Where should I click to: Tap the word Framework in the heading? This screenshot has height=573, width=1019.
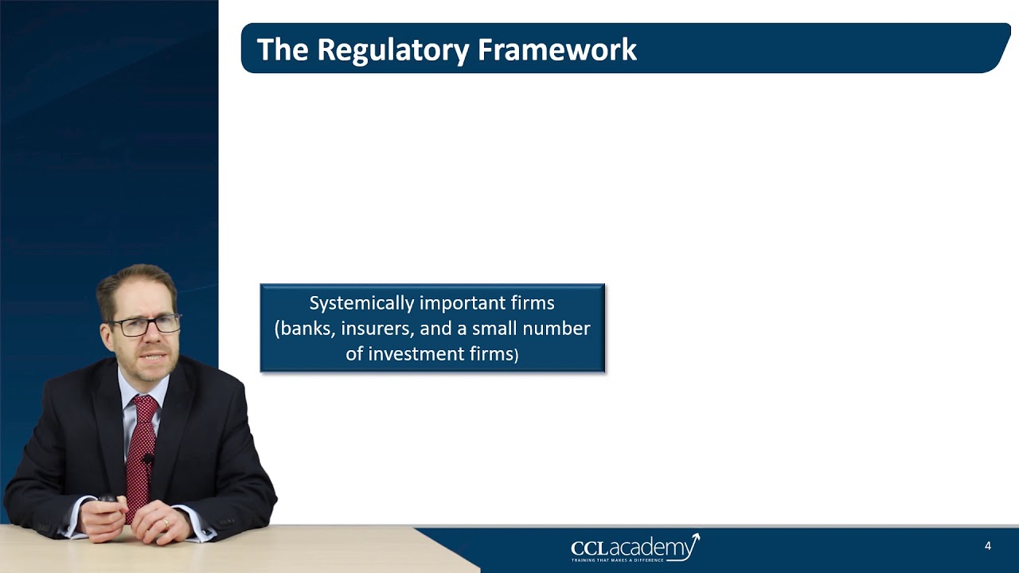[557, 49]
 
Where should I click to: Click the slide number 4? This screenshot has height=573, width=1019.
[988, 546]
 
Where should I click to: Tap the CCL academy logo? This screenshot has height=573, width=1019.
[634, 548]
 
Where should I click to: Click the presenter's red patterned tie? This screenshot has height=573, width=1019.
[141, 454]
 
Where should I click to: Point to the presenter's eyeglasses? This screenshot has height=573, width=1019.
[146, 325]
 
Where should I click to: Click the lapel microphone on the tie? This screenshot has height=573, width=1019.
[148, 459]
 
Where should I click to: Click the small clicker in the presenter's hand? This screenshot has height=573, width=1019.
[107, 500]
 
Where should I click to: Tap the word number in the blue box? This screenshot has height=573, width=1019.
[560, 328]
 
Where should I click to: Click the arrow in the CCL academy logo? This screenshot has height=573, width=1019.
[692, 543]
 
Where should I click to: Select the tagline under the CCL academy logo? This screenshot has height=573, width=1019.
[618, 560]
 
